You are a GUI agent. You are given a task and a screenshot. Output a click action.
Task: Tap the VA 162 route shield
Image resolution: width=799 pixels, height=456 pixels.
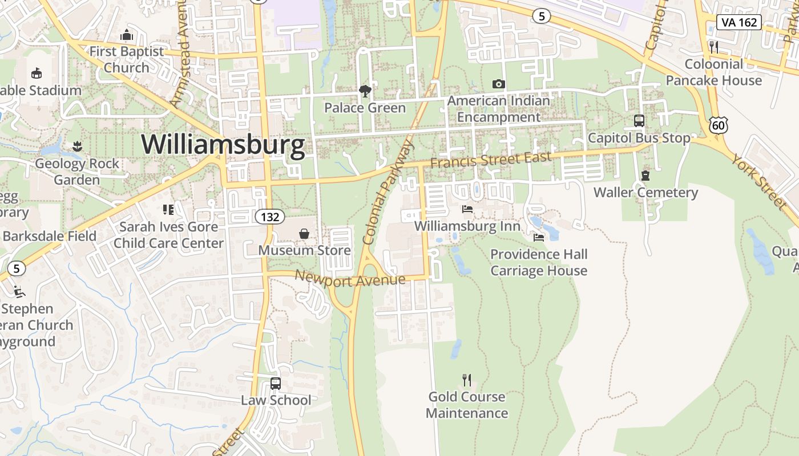pyautogui.click(x=739, y=22)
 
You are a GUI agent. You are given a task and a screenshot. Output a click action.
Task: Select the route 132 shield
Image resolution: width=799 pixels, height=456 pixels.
pyautogui.click(x=269, y=217)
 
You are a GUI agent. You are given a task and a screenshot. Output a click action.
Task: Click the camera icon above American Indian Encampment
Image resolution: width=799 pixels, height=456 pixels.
pyautogui.click(x=498, y=84)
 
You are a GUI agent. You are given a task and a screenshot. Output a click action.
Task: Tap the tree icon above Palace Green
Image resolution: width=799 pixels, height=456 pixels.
pyautogui.click(x=365, y=91)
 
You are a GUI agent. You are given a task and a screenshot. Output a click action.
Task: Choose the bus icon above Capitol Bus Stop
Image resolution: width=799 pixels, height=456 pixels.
pyautogui.click(x=639, y=121)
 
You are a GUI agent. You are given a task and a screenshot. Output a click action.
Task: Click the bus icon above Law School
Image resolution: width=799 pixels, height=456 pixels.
pyautogui.click(x=276, y=384)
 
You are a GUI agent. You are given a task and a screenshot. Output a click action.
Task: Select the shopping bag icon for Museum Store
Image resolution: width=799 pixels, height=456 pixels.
pyautogui.click(x=304, y=234)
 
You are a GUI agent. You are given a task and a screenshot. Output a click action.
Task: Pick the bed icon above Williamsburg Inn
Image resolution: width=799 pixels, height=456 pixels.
pyautogui.click(x=467, y=209)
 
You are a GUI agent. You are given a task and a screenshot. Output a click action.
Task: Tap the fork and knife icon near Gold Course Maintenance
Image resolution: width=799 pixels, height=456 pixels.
pyautogui.click(x=467, y=380)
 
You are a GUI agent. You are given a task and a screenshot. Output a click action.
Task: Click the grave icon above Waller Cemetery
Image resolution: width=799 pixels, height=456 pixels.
pyautogui.click(x=645, y=176)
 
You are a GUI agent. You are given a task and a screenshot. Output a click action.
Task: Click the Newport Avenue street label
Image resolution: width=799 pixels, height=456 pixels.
pyautogui.click(x=350, y=278)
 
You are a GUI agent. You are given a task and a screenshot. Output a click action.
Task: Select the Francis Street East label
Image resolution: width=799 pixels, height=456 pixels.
pyautogui.click(x=491, y=160)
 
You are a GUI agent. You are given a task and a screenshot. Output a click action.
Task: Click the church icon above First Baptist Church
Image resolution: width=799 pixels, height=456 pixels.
pyautogui.click(x=127, y=35)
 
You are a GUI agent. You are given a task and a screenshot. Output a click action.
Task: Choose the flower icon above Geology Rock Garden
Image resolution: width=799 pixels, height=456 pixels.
pyautogui.click(x=77, y=147)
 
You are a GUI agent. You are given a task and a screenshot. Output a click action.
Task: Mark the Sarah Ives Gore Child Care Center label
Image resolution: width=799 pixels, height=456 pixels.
pyautogui.click(x=168, y=235)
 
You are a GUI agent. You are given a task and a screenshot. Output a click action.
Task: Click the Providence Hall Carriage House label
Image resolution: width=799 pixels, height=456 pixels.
pyautogui.click(x=539, y=262)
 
